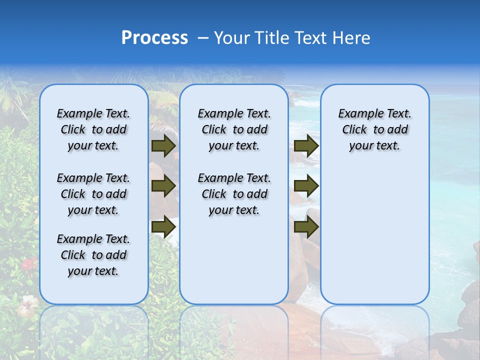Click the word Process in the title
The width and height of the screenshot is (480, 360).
[154, 38]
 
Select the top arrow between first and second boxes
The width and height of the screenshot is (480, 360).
[163, 145]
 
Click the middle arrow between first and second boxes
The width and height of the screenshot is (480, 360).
[163, 186]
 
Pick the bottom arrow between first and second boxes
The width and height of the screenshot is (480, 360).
[163, 226]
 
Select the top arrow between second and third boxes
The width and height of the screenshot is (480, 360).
[306, 145]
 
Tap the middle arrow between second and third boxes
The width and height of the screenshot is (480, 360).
[306, 186]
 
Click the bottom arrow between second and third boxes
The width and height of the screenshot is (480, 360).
[306, 226]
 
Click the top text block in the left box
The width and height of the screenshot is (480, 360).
[93, 129]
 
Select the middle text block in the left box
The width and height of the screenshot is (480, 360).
[93, 194]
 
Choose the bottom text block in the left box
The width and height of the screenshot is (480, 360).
[93, 255]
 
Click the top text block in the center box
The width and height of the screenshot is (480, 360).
[234, 129]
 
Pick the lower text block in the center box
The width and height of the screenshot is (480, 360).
[234, 194]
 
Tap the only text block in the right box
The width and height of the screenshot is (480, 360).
[374, 129]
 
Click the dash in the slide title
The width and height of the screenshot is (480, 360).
[203, 38]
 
